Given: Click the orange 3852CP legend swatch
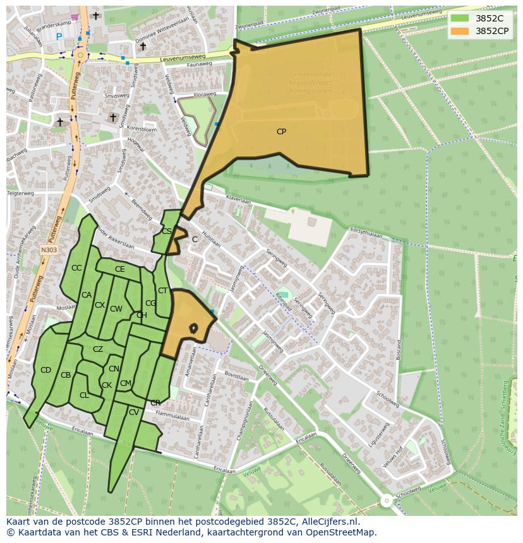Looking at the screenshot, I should tap(460, 31).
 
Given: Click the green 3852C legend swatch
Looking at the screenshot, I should tap(460, 18).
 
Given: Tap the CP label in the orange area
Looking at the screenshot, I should tap(281, 132).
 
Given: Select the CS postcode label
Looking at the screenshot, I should tap(167, 231).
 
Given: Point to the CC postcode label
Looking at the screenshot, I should tap(76, 268).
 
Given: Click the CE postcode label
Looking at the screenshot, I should tap(119, 269).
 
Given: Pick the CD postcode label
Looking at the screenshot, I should tap(45, 370).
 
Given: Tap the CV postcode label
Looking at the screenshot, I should tap(133, 412).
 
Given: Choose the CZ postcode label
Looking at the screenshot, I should tap(98, 349).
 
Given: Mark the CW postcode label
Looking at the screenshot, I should tap(116, 309).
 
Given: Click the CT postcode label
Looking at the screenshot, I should tap(162, 291).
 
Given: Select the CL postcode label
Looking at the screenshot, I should tap(84, 395).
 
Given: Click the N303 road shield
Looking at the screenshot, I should tap(49, 250).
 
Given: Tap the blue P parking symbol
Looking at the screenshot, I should tap(59, 37).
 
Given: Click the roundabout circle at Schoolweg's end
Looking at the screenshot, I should tap(386, 501).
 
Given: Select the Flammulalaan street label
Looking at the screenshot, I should tap(172, 417).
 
